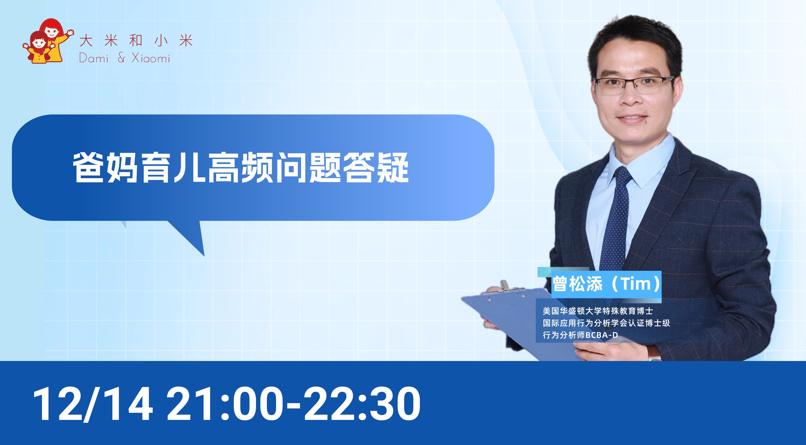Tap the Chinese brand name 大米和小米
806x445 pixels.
tap(136, 41)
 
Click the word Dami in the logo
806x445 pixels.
tap(94, 58)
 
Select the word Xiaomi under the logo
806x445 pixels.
tap(151, 58)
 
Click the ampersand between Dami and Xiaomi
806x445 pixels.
tap(121, 58)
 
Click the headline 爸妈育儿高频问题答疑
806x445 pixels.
tap(241, 168)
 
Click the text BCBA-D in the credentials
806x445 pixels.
tap(601, 335)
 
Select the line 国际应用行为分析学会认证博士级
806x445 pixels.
tap(606, 323)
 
